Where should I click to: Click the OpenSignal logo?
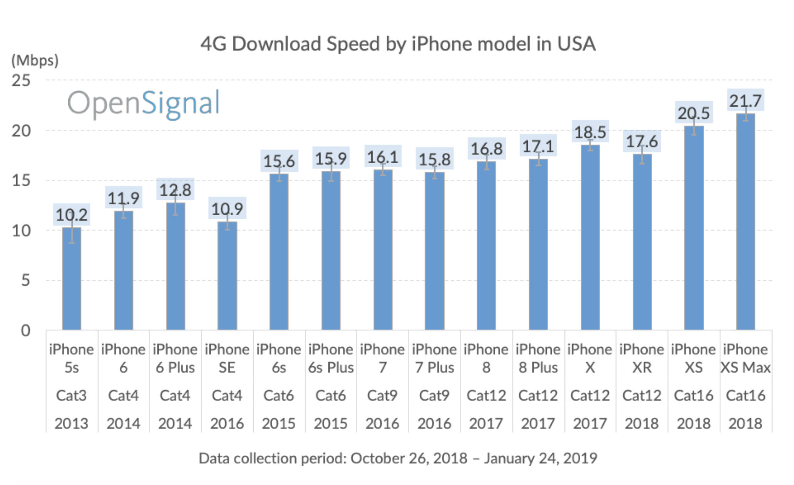143,103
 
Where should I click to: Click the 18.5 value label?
590,132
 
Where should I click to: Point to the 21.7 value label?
745,101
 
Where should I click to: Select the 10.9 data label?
227,209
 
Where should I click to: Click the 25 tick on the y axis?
21,81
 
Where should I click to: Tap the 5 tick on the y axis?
25,281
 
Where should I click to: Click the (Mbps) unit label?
35,60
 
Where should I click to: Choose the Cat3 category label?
71,395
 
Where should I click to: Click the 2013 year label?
71,423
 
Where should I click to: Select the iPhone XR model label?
642,358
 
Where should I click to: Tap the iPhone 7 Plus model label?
434,358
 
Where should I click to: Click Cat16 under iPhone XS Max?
745,395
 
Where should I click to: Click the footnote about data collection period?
397,458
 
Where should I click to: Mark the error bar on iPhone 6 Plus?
175,204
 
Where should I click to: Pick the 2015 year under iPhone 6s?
278,423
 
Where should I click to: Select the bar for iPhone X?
590,239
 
